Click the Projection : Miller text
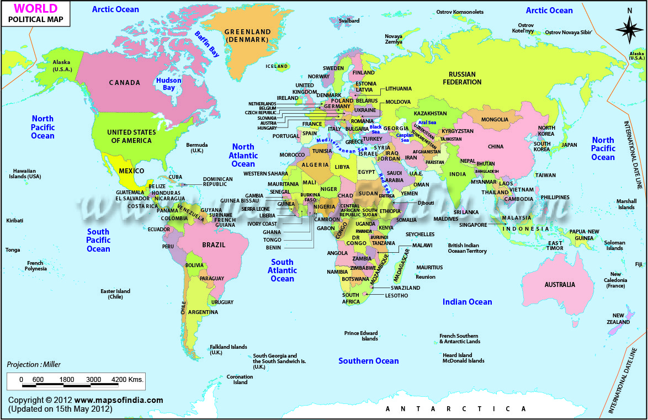(x=34, y=364)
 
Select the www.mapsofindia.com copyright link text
(x=119, y=400)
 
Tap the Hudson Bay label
(x=168, y=84)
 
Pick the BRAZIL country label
(x=214, y=244)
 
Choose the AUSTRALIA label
(x=560, y=285)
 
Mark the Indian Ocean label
(x=467, y=302)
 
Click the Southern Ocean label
(x=368, y=361)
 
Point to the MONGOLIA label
(x=495, y=120)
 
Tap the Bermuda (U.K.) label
(x=197, y=147)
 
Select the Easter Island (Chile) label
(x=115, y=294)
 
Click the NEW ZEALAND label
(x=617, y=318)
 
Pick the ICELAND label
(x=277, y=66)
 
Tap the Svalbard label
(x=349, y=21)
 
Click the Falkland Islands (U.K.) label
(x=228, y=350)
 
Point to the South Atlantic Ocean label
(x=282, y=270)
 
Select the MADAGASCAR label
(x=403, y=265)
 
